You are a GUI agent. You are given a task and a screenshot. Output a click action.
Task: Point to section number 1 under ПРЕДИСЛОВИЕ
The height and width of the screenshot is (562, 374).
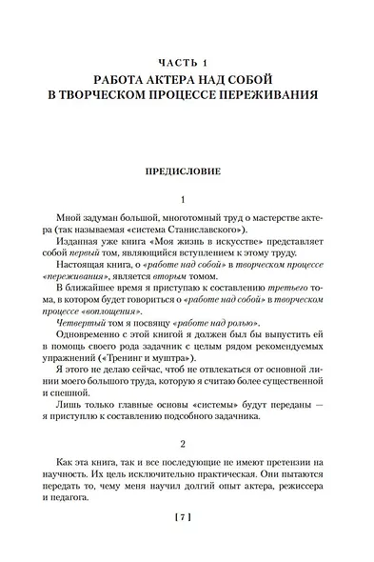point(187,202)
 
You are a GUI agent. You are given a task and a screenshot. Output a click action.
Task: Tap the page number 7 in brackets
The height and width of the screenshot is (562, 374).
point(187,544)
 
